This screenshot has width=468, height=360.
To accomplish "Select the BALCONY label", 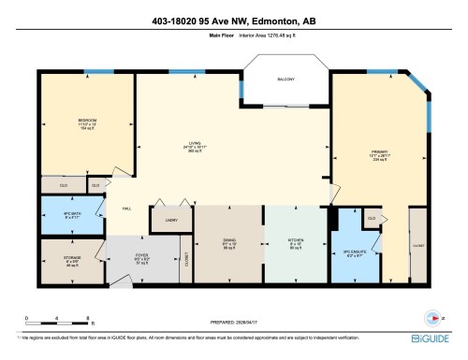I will point(285,79).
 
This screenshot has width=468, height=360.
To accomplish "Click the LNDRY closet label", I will point(170,221).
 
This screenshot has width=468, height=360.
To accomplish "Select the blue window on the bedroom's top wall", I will point(93,72).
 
